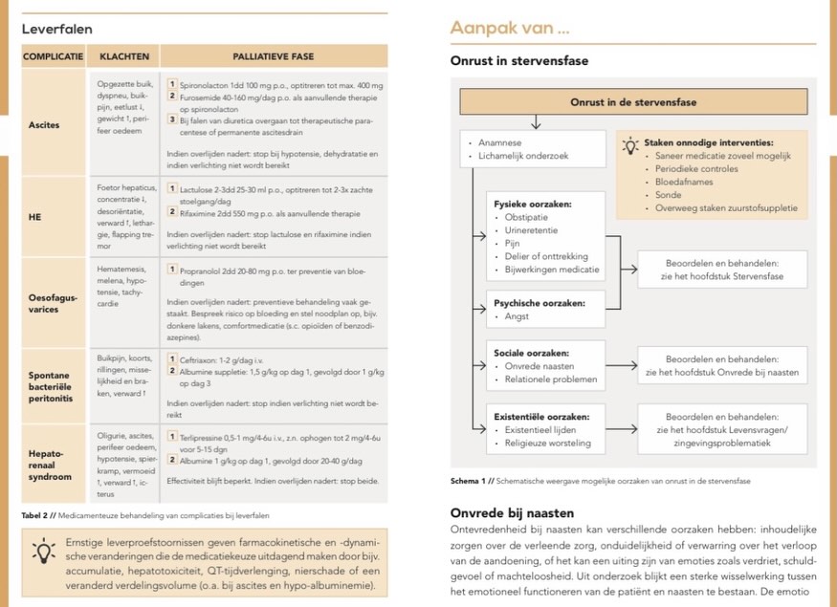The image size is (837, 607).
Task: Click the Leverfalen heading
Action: [x=57, y=29]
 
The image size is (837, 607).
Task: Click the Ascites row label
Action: [x=44, y=124]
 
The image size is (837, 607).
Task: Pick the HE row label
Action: [x=35, y=216]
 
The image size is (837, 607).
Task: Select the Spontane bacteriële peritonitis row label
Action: [x=55, y=386]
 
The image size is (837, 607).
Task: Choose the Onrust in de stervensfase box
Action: [x=632, y=102]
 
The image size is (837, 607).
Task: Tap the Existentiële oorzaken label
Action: [x=540, y=416]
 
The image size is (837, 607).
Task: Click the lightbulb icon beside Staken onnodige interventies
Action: [x=629, y=146]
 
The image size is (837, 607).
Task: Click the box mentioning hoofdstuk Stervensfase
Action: [x=722, y=270]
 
